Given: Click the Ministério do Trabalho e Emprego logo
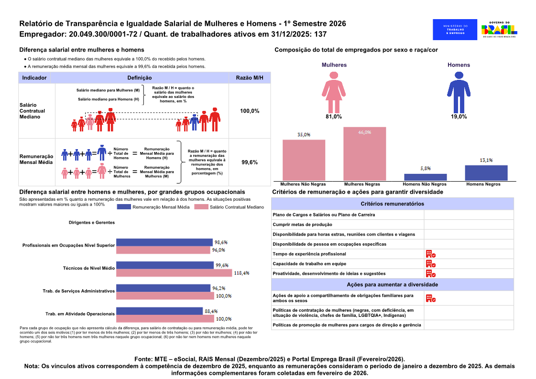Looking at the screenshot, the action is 455,30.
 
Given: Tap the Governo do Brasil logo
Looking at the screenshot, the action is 499,29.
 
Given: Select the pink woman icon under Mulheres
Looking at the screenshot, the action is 334,92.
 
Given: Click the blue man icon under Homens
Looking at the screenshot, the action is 459,92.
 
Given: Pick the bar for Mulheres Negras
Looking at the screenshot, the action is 365,154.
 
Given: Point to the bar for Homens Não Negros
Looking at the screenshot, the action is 425,177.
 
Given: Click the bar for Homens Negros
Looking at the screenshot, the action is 486,173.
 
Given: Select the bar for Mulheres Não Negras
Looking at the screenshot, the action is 304,160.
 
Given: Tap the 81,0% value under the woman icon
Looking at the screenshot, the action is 334,117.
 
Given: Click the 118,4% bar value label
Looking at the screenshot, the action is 241,273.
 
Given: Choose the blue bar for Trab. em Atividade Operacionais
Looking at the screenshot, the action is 160,311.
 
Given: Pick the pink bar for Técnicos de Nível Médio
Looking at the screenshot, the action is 175,273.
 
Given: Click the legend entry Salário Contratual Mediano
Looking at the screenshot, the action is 229,207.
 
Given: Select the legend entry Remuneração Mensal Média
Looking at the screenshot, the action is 153,207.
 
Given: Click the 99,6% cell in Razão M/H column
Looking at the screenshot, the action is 250,162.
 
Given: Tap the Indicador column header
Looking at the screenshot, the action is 34,78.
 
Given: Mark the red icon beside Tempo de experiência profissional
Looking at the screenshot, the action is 431,254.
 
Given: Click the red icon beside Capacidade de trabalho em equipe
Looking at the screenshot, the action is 431,264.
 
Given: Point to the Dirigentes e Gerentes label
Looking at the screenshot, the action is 92,223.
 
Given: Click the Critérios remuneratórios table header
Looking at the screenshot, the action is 393,204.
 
